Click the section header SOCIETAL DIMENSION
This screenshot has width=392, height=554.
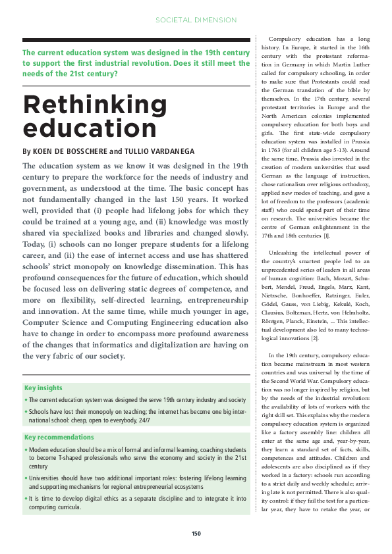point(196,20)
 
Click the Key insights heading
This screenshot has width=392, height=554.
point(43,388)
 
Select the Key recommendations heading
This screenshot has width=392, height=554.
point(59,437)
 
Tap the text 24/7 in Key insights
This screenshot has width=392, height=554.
point(144,419)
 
